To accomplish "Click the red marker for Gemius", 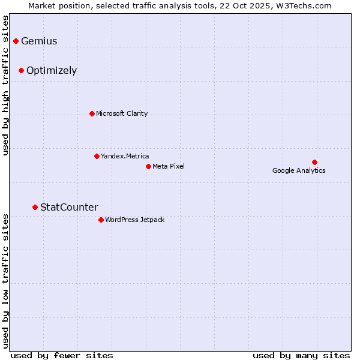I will [16, 41].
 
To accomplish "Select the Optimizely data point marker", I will [21, 70].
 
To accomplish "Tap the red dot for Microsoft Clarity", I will [92, 113].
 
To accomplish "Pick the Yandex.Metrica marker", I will [97, 156].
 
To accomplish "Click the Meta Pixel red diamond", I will [148, 166].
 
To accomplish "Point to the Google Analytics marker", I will [314, 162].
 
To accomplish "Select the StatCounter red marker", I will [35, 207].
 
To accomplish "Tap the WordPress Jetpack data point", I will [101, 220].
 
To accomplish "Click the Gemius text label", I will [39, 41].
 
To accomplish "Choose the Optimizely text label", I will [52, 71].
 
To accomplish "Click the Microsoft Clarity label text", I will [122, 113].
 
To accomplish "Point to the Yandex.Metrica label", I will [125, 156].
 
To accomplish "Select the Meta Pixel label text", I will [169, 166].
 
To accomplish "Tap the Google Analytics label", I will [299, 170].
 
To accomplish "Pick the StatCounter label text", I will [69, 208].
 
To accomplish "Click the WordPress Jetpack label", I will [134, 220].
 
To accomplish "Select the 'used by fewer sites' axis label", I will [62, 355].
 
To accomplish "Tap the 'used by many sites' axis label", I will [301, 355].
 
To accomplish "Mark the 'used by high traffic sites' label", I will [6, 85].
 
